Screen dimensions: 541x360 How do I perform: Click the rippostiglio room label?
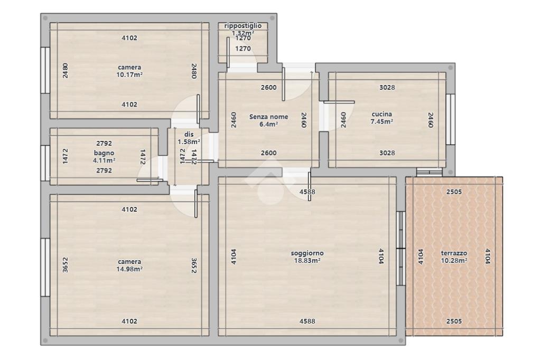point(243,26)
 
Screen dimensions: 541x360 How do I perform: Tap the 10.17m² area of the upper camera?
point(129,74)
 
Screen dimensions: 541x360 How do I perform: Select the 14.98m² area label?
point(129,269)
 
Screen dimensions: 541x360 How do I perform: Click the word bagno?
point(104,153)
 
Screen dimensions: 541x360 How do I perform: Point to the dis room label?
point(189,135)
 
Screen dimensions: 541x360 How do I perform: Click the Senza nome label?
point(269,117)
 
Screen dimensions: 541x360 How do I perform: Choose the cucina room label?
point(381,114)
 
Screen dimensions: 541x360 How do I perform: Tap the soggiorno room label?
point(307,253)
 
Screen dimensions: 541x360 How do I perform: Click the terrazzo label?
point(454,253)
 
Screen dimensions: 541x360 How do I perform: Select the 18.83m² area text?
point(307,261)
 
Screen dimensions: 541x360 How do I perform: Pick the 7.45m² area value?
point(381,121)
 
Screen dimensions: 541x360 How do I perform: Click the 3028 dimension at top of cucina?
point(387,88)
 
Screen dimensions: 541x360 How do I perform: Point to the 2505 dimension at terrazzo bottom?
point(454,321)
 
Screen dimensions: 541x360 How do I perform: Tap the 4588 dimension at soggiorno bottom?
point(307,321)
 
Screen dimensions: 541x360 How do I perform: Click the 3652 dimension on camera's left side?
point(65,265)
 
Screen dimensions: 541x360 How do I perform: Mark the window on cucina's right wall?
point(450,119)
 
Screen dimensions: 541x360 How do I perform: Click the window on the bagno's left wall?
point(45,163)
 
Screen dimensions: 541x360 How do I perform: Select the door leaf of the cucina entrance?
point(339,102)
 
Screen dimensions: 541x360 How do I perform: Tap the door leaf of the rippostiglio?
point(228,52)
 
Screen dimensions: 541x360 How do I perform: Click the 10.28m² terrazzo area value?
point(454,261)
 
